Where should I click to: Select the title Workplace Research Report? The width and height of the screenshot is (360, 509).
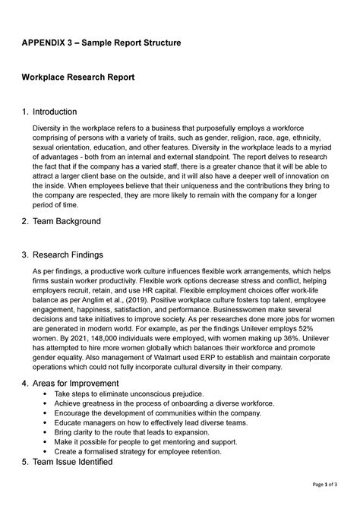pyautogui.click(x=78, y=78)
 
